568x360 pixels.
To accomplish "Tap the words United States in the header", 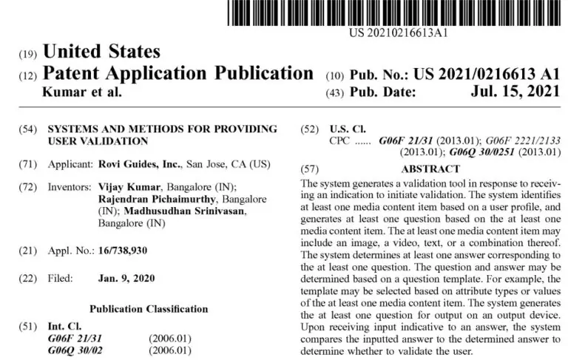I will (102, 52).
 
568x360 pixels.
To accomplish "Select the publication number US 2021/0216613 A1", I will (487, 75).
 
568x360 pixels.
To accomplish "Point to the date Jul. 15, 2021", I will (515, 93).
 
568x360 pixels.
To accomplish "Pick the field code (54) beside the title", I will (28, 129).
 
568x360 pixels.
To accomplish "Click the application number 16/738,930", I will (123, 251).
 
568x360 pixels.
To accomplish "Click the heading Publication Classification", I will (149, 308).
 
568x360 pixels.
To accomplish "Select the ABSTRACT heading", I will (430, 169).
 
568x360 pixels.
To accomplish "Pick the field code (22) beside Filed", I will (28, 279).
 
